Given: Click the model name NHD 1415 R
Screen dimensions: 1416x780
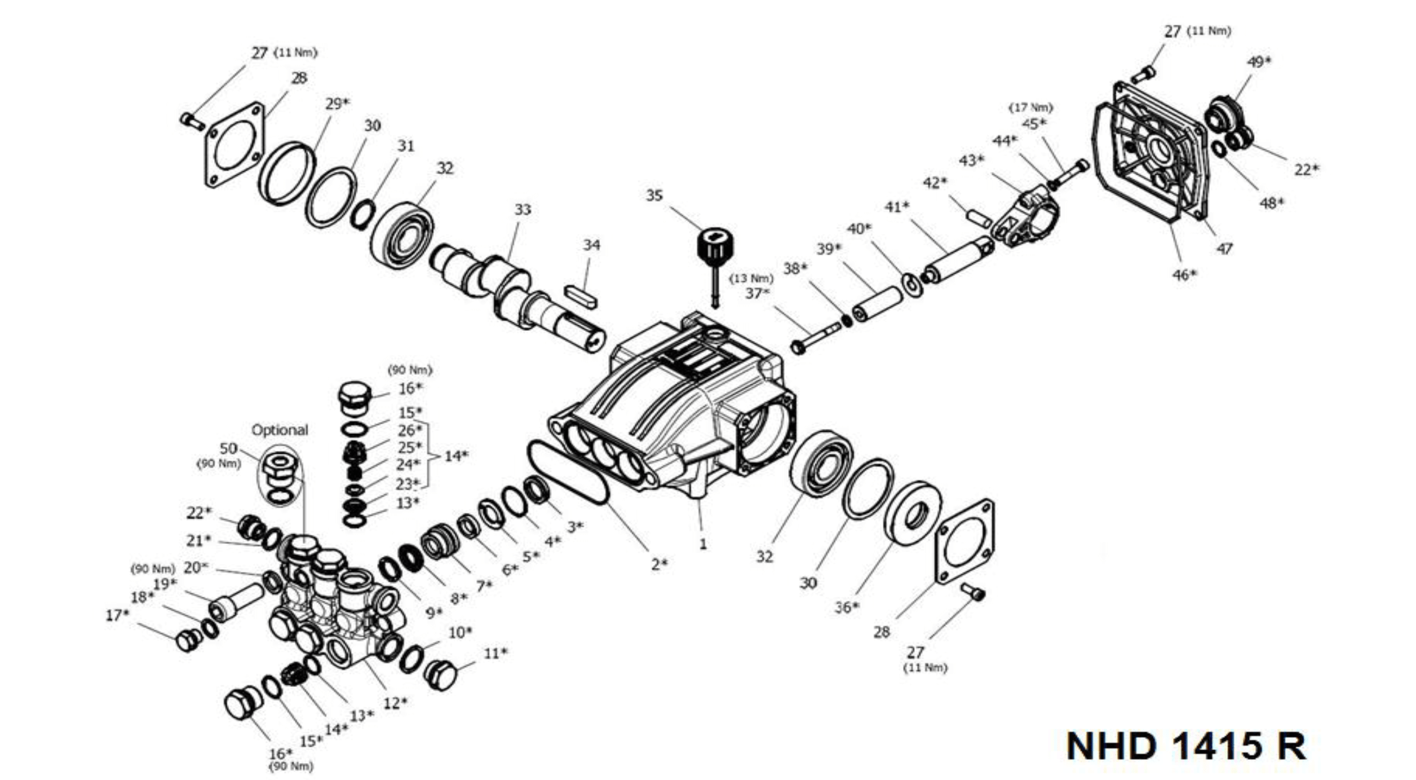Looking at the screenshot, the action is (x=1186, y=746).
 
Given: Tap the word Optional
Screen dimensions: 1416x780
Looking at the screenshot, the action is (x=280, y=430).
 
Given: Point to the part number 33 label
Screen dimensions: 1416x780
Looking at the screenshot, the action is (x=523, y=210).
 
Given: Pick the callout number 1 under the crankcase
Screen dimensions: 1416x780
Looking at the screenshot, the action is (x=702, y=544).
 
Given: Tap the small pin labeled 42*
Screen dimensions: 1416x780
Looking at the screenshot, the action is (x=979, y=218).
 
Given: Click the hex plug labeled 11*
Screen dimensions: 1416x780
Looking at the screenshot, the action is (x=441, y=675).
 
